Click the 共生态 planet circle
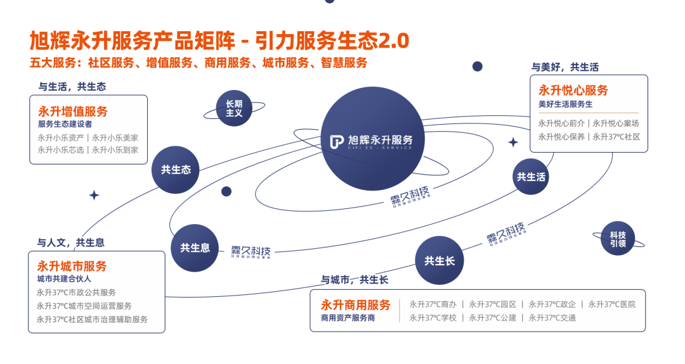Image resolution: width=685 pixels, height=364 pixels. (176, 170)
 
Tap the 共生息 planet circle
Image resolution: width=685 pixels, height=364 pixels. (195, 248)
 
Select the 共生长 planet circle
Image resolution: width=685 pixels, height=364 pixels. (440, 260)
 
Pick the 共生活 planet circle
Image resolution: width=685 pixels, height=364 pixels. (530, 177)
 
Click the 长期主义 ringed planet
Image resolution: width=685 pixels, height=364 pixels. (234, 108)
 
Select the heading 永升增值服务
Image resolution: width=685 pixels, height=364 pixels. (73, 111)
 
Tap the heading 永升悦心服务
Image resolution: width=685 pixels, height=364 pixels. (573, 91)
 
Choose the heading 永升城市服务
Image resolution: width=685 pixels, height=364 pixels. (72, 266)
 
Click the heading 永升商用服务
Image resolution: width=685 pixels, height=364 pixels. (355, 304)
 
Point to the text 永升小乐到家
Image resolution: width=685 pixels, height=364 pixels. (115, 150)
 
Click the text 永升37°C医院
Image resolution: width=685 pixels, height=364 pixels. (611, 304)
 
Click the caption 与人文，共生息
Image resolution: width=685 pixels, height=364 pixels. (70, 242)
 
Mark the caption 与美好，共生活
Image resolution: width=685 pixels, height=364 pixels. (565, 67)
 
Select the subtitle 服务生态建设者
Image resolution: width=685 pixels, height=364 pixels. (65, 124)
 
